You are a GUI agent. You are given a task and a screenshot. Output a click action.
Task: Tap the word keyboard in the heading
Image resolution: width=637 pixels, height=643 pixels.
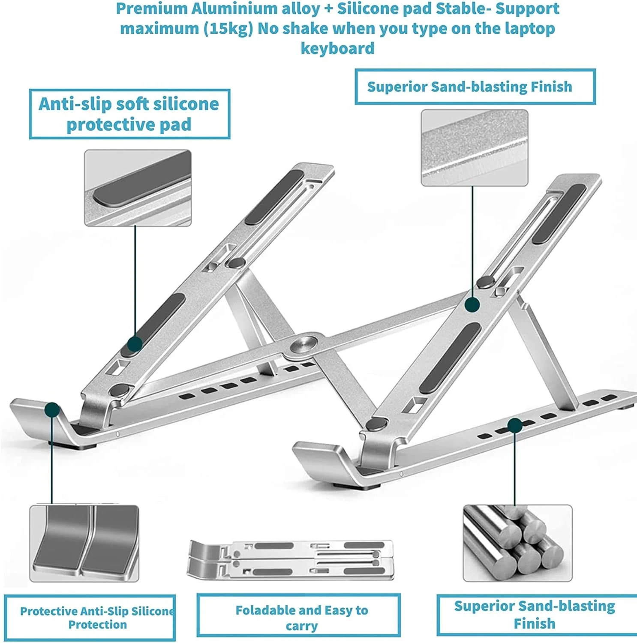pos(337,48)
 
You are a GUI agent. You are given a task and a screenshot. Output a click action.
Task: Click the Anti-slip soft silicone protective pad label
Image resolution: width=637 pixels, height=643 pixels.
pos(129,114)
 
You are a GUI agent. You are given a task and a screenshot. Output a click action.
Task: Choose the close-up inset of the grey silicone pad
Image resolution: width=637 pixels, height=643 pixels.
pos(138,188)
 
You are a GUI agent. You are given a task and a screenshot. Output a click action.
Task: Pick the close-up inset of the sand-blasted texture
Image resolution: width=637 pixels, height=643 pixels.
pos(474,148)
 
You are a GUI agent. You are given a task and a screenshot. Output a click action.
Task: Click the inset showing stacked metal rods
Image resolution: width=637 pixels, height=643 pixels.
pos(517,543)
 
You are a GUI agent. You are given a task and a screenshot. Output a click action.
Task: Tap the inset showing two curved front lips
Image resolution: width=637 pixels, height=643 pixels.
pos(84,544)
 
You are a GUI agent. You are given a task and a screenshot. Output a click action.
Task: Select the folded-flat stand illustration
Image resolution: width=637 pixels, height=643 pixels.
pos(291,560)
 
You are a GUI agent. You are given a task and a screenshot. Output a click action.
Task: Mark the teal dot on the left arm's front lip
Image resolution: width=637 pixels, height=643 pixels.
pos(52,410)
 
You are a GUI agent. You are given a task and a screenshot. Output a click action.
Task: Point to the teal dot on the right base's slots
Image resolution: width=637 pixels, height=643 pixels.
pos(514,426)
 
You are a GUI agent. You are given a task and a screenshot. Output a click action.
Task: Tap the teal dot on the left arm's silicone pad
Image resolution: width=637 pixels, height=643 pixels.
pos(135,344)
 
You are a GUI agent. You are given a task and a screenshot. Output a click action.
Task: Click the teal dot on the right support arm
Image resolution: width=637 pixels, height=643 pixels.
pos(472,305)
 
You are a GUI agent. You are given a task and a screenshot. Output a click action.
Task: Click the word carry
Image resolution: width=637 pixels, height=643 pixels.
pos(302,626)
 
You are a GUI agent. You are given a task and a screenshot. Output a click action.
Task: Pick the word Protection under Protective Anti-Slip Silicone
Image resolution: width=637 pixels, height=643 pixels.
pos(98,625)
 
